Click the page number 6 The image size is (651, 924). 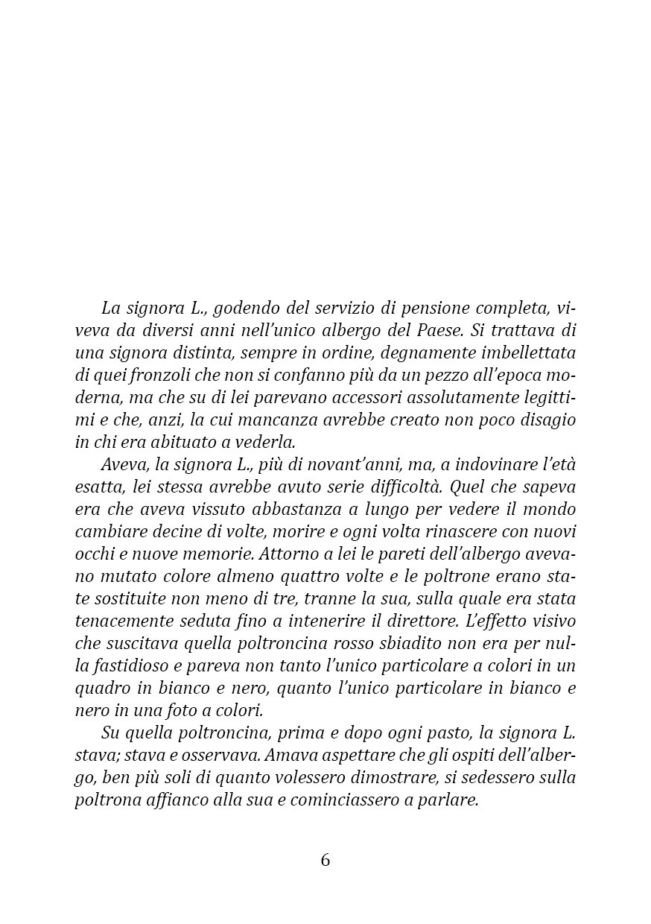point(325,860)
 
